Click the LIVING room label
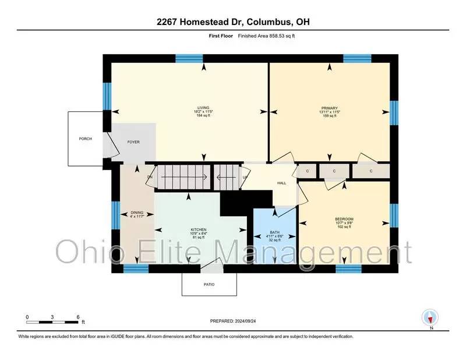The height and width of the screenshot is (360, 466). pos(203,108)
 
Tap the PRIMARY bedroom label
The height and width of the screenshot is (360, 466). pos(329,108)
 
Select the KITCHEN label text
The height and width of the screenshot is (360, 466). pos(199,230)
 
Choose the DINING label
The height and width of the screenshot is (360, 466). pos(137,213)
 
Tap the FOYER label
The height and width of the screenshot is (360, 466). pos(133,142)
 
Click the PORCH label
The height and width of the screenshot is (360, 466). pos(85,139)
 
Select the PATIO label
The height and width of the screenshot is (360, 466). pos(209,284)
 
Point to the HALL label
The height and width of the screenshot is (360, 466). pos(281,183)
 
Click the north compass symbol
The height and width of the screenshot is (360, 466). pos(430,317)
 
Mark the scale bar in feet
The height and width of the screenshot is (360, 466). pos(52,321)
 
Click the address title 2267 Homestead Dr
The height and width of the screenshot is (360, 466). pos(233,22)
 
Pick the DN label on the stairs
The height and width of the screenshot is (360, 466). pos(150,177)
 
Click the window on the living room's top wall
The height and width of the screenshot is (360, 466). pos(189,58)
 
